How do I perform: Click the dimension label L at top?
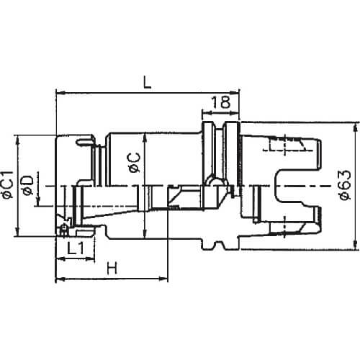tap(147, 83)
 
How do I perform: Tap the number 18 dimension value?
tap(221, 102)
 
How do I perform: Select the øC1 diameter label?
tap(7, 184)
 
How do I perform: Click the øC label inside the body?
tap(135, 163)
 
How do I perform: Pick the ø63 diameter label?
tap(346, 185)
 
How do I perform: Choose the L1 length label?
tap(76, 248)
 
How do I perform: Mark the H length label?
tap(112, 268)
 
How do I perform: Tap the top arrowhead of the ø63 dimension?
tap(356, 127)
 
